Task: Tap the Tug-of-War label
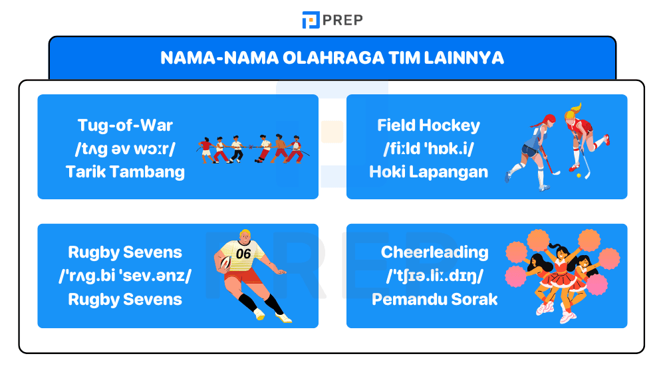125,125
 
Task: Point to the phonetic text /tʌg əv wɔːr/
125,149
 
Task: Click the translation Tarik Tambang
125,172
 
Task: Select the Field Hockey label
428,125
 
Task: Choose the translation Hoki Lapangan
428,172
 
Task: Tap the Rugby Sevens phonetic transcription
125,276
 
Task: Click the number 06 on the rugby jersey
243,253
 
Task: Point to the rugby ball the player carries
225,263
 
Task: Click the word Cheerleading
434,252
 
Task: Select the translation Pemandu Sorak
434,299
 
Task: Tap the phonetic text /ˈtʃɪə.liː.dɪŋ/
434,276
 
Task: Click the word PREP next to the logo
343,20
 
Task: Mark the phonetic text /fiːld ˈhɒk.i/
428,149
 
